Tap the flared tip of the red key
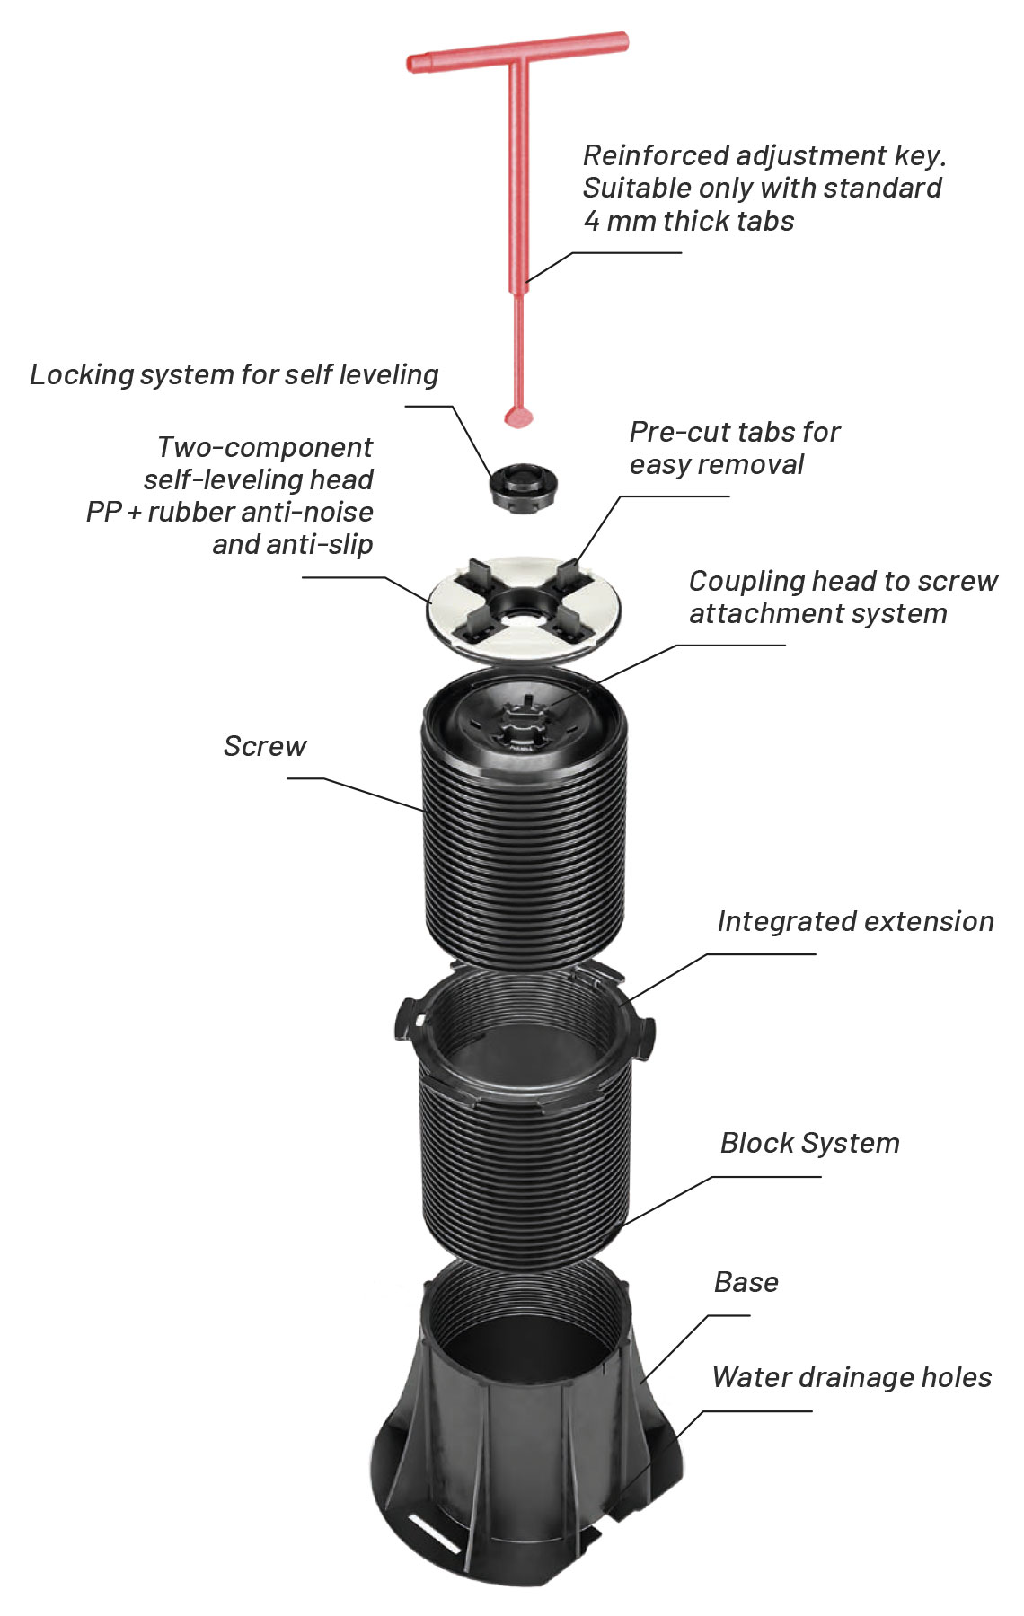pos(518,415)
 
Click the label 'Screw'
pos(265,746)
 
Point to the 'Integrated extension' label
pos(855,921)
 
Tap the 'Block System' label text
pos(809,1143)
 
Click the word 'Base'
pos(746,1282)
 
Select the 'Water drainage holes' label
pos(852,1377)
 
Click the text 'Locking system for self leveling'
pos(234,374)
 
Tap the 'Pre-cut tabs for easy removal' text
pos(734,448)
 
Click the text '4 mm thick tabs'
pos(689,221)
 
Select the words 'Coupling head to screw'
pos(843,581)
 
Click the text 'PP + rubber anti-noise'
pos(230,512)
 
